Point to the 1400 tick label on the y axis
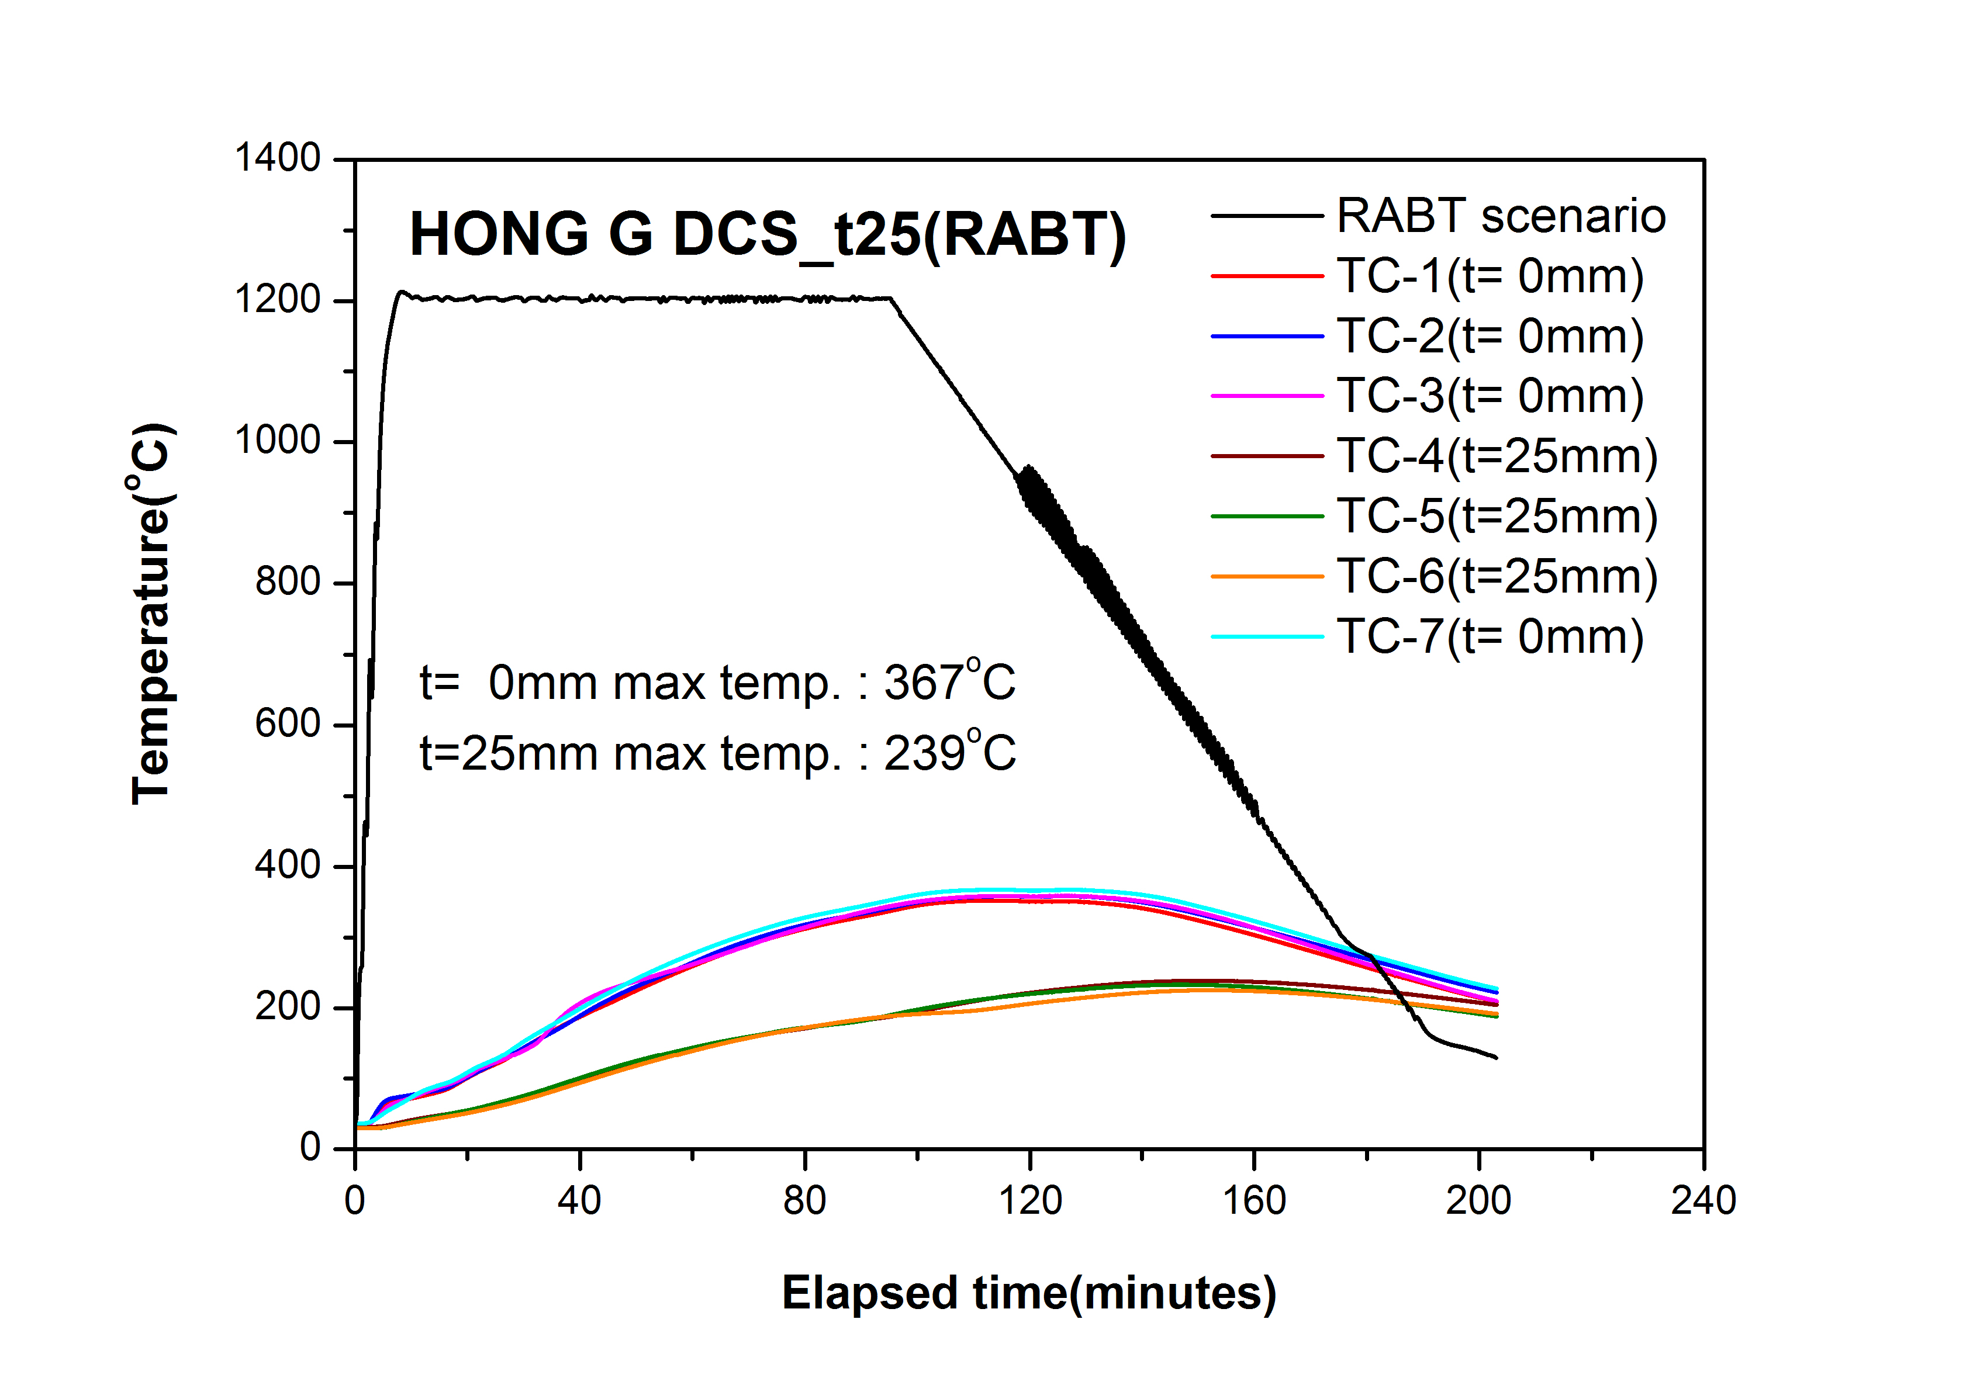(278, 159)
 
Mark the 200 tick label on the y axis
(288, 1006)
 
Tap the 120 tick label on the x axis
(1029, 1200)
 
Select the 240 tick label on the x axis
(1703, 1200)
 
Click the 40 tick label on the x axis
(579, 1200)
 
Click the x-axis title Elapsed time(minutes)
(1029, 1293)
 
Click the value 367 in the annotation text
(922, 683)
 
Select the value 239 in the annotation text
(922, 754)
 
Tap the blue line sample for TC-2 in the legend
(1266, 336)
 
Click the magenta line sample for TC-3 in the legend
(1266, 396)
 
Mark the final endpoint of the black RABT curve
(1496, 1058)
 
